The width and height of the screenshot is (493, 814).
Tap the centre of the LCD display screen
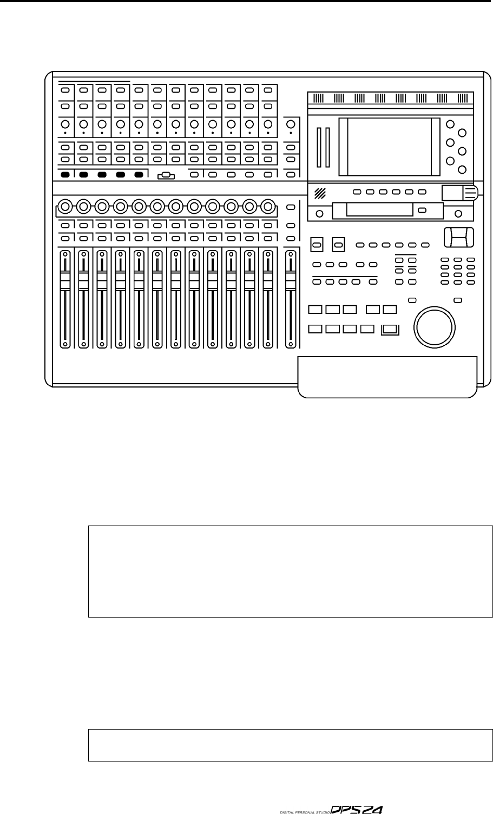[x=389, y=147]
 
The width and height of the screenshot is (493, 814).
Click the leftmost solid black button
[x=65, y=175]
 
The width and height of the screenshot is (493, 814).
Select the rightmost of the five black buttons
[x=139, y=175]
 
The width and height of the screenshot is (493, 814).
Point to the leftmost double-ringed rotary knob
[x=65, y=206]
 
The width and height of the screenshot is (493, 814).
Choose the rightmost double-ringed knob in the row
[x=267, y=206]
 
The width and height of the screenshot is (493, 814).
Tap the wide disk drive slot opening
[x=373, y=211]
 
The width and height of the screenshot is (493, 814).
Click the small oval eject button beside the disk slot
[x=423, y=210]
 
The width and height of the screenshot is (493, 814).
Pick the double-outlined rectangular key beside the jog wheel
[x=390, y=329]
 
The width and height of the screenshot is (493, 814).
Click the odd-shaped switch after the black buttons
[x=166, y=175]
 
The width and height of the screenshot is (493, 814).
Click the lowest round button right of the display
[x=462, y=169]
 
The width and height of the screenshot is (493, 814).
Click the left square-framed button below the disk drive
[x=317, y=245]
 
